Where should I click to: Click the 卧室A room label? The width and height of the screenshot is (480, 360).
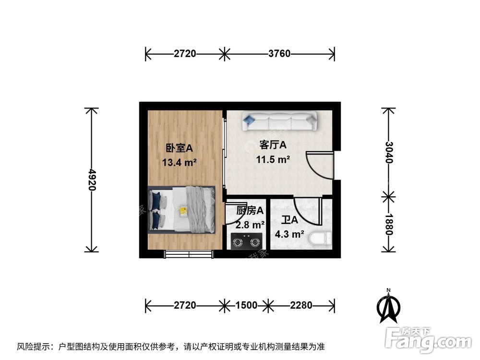click(180, 148)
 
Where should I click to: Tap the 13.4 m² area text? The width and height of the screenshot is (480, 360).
click(180, 162)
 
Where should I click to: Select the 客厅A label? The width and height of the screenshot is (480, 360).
click(273, 144)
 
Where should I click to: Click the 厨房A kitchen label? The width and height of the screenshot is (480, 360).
click(250, 210)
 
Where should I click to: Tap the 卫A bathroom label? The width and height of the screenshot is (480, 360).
click(289, 220)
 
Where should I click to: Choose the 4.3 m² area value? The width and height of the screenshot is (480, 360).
click(289, 234)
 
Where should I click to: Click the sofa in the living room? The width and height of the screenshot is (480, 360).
click(280, 120)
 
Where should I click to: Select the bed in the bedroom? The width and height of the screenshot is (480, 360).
click(181, 210)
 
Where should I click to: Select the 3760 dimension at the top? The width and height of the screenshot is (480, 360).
click(279, 54)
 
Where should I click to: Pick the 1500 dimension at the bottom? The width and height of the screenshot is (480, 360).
click(246, 305)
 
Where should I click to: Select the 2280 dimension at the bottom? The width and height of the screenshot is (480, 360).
click(300, 305)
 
